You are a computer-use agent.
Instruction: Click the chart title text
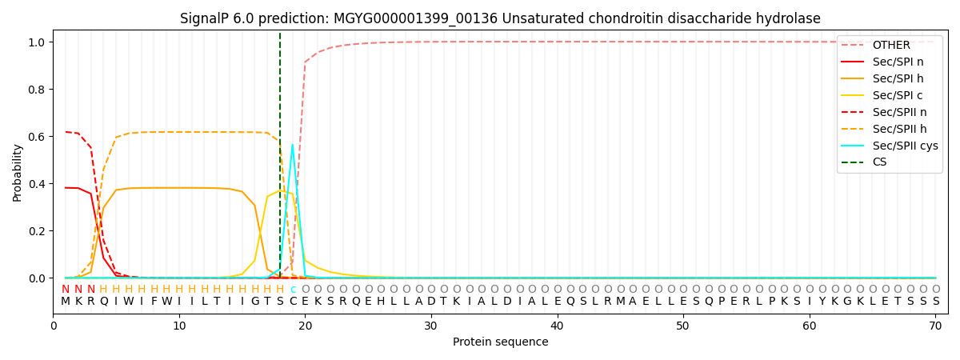pos(500,18)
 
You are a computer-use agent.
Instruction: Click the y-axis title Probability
pos(17,172)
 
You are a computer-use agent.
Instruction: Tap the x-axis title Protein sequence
pos(500,342)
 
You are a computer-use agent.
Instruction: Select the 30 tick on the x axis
pos(430,326)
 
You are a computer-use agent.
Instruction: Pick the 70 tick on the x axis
pos(935,326)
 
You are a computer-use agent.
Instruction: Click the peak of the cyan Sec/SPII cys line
pos(292,145)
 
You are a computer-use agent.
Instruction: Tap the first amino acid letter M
pos(66,302)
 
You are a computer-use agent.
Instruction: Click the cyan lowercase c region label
pos(293,290)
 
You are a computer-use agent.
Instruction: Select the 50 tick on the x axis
pos(682,326)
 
